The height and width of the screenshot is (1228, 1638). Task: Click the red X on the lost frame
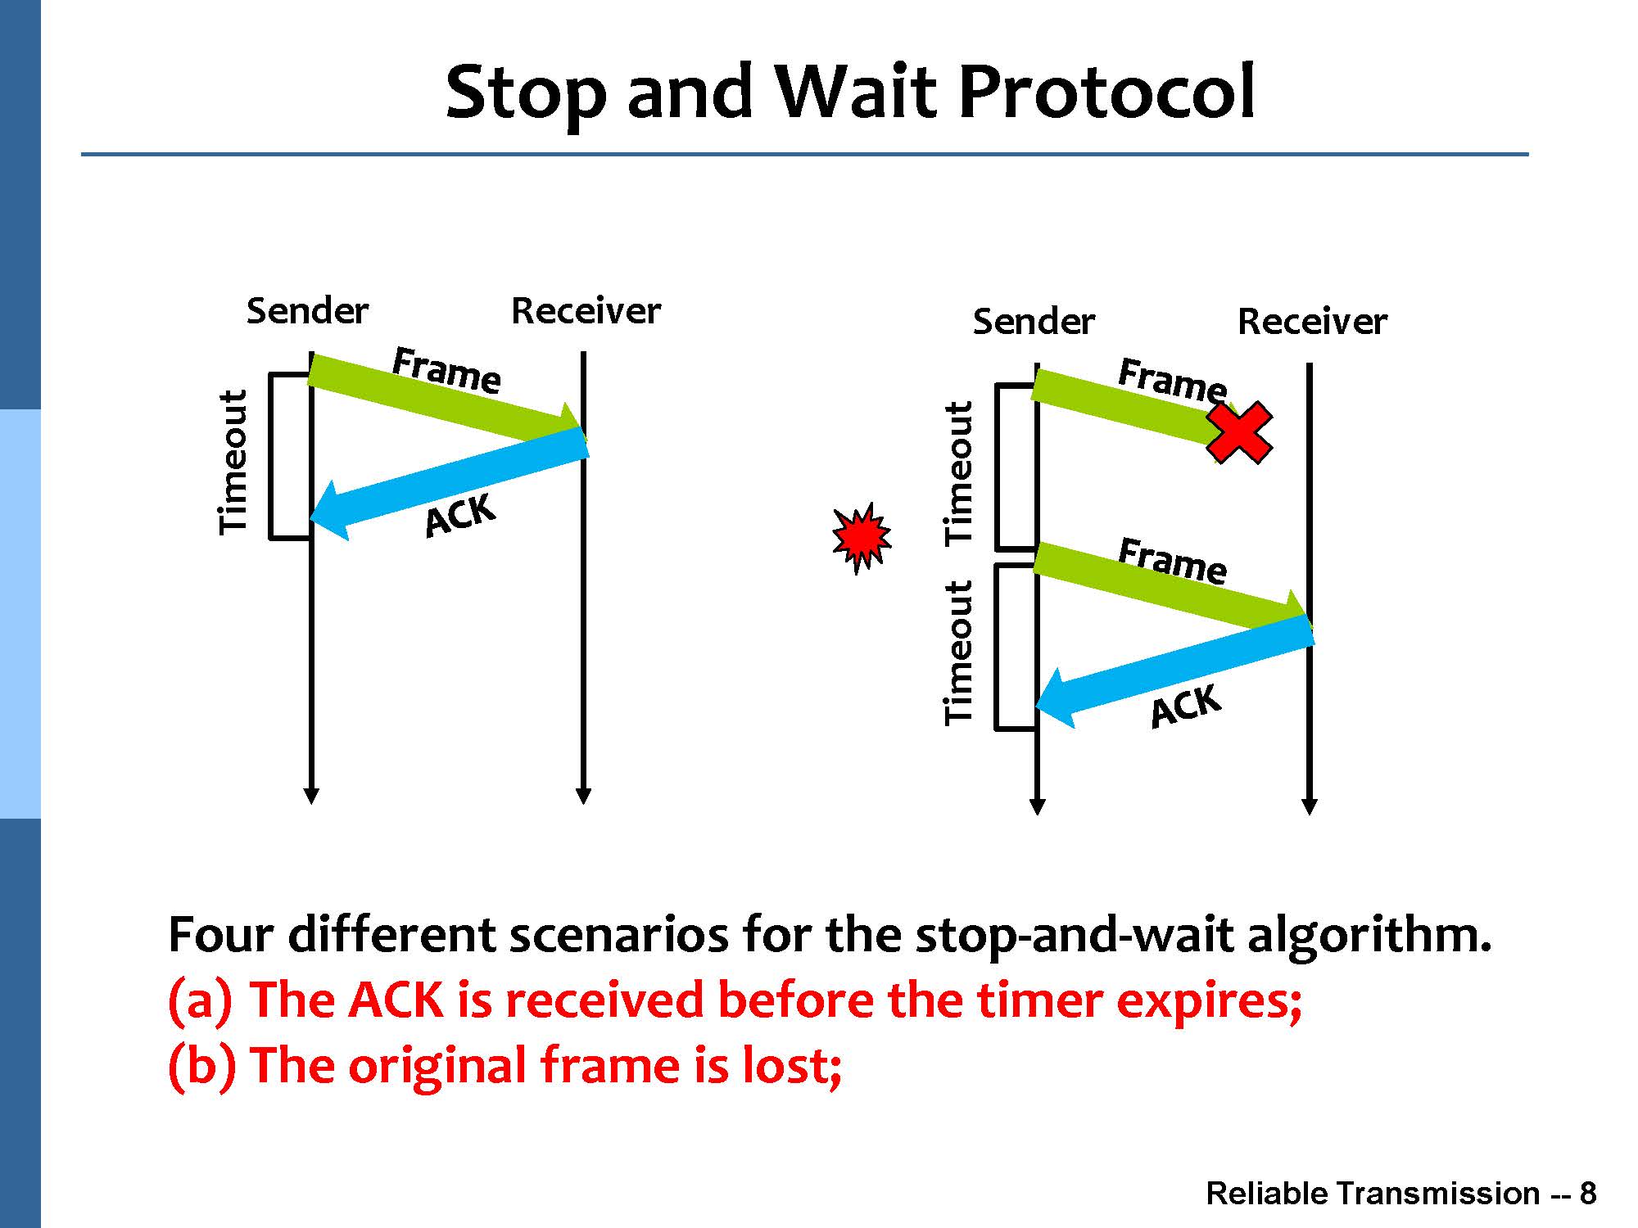tap(1239, 433)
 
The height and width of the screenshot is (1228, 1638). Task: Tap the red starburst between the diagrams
tap(861, 538)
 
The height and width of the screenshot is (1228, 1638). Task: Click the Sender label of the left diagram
tap(307, 311)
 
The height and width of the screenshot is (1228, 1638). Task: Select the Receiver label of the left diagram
tap(586, 311)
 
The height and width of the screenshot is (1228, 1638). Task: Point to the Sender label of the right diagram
tap(1034, 322)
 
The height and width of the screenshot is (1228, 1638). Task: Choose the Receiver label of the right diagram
tap(1312, 322)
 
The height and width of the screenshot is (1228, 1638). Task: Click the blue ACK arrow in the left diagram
tap(449, 484)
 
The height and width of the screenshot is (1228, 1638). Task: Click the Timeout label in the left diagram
tap(233, 463)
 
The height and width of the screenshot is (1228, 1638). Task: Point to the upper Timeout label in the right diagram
tap(959, 473)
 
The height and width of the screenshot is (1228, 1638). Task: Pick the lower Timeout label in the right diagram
tap(959, 652)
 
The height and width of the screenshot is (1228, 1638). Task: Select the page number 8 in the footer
tap(1588, 1194)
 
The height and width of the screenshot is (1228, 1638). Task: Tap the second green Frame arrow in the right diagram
tap(1173, 590)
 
